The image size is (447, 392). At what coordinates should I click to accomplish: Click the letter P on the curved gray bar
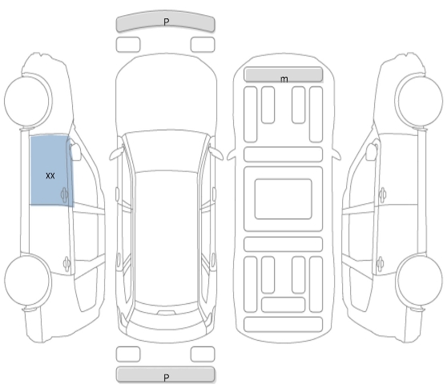click(167, 22)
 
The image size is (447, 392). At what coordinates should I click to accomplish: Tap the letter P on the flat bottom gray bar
click(167, 378)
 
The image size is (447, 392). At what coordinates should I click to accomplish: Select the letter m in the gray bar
click(284, 79)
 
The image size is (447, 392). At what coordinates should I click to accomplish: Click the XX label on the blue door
click(50, 176)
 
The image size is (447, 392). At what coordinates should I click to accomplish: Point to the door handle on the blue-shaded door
click(64, 195)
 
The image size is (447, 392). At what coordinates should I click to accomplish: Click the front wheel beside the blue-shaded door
click(28, 101)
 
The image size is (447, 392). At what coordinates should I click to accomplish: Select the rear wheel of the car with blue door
click(28, 281)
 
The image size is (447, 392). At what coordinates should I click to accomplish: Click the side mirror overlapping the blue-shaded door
click(75, 152)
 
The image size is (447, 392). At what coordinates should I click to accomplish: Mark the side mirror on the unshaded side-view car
click(372, 152)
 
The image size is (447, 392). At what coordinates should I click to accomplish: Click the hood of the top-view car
click(166, 94)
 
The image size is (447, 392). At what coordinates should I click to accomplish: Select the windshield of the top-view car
click(166, 151)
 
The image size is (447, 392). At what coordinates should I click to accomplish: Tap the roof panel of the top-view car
click(166, 236)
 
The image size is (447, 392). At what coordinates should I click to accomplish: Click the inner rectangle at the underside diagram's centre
click(283, 199)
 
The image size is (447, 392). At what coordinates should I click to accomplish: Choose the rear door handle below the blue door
click(66, 264)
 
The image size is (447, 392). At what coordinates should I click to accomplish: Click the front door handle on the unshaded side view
click(382, 195)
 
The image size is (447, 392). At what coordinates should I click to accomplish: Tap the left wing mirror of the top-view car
click(116, 154)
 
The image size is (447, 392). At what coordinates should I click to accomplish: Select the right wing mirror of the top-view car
click(216, 154)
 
